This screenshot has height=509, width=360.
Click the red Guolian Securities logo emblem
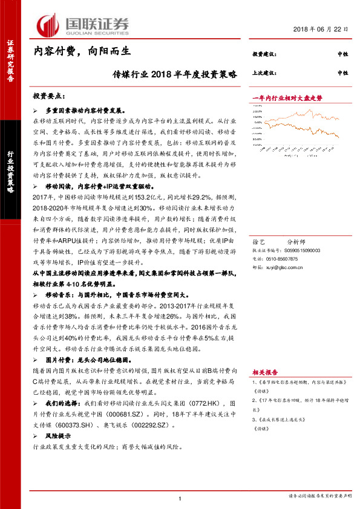pos(48,25)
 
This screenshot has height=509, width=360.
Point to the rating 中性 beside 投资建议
pos(342,54)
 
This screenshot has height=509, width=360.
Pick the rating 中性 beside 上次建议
pos(342,73)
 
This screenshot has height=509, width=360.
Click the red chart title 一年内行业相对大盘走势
pos(286,98)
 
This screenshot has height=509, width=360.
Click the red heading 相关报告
pos(263,373)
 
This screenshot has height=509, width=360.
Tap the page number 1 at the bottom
pos(180,498)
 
